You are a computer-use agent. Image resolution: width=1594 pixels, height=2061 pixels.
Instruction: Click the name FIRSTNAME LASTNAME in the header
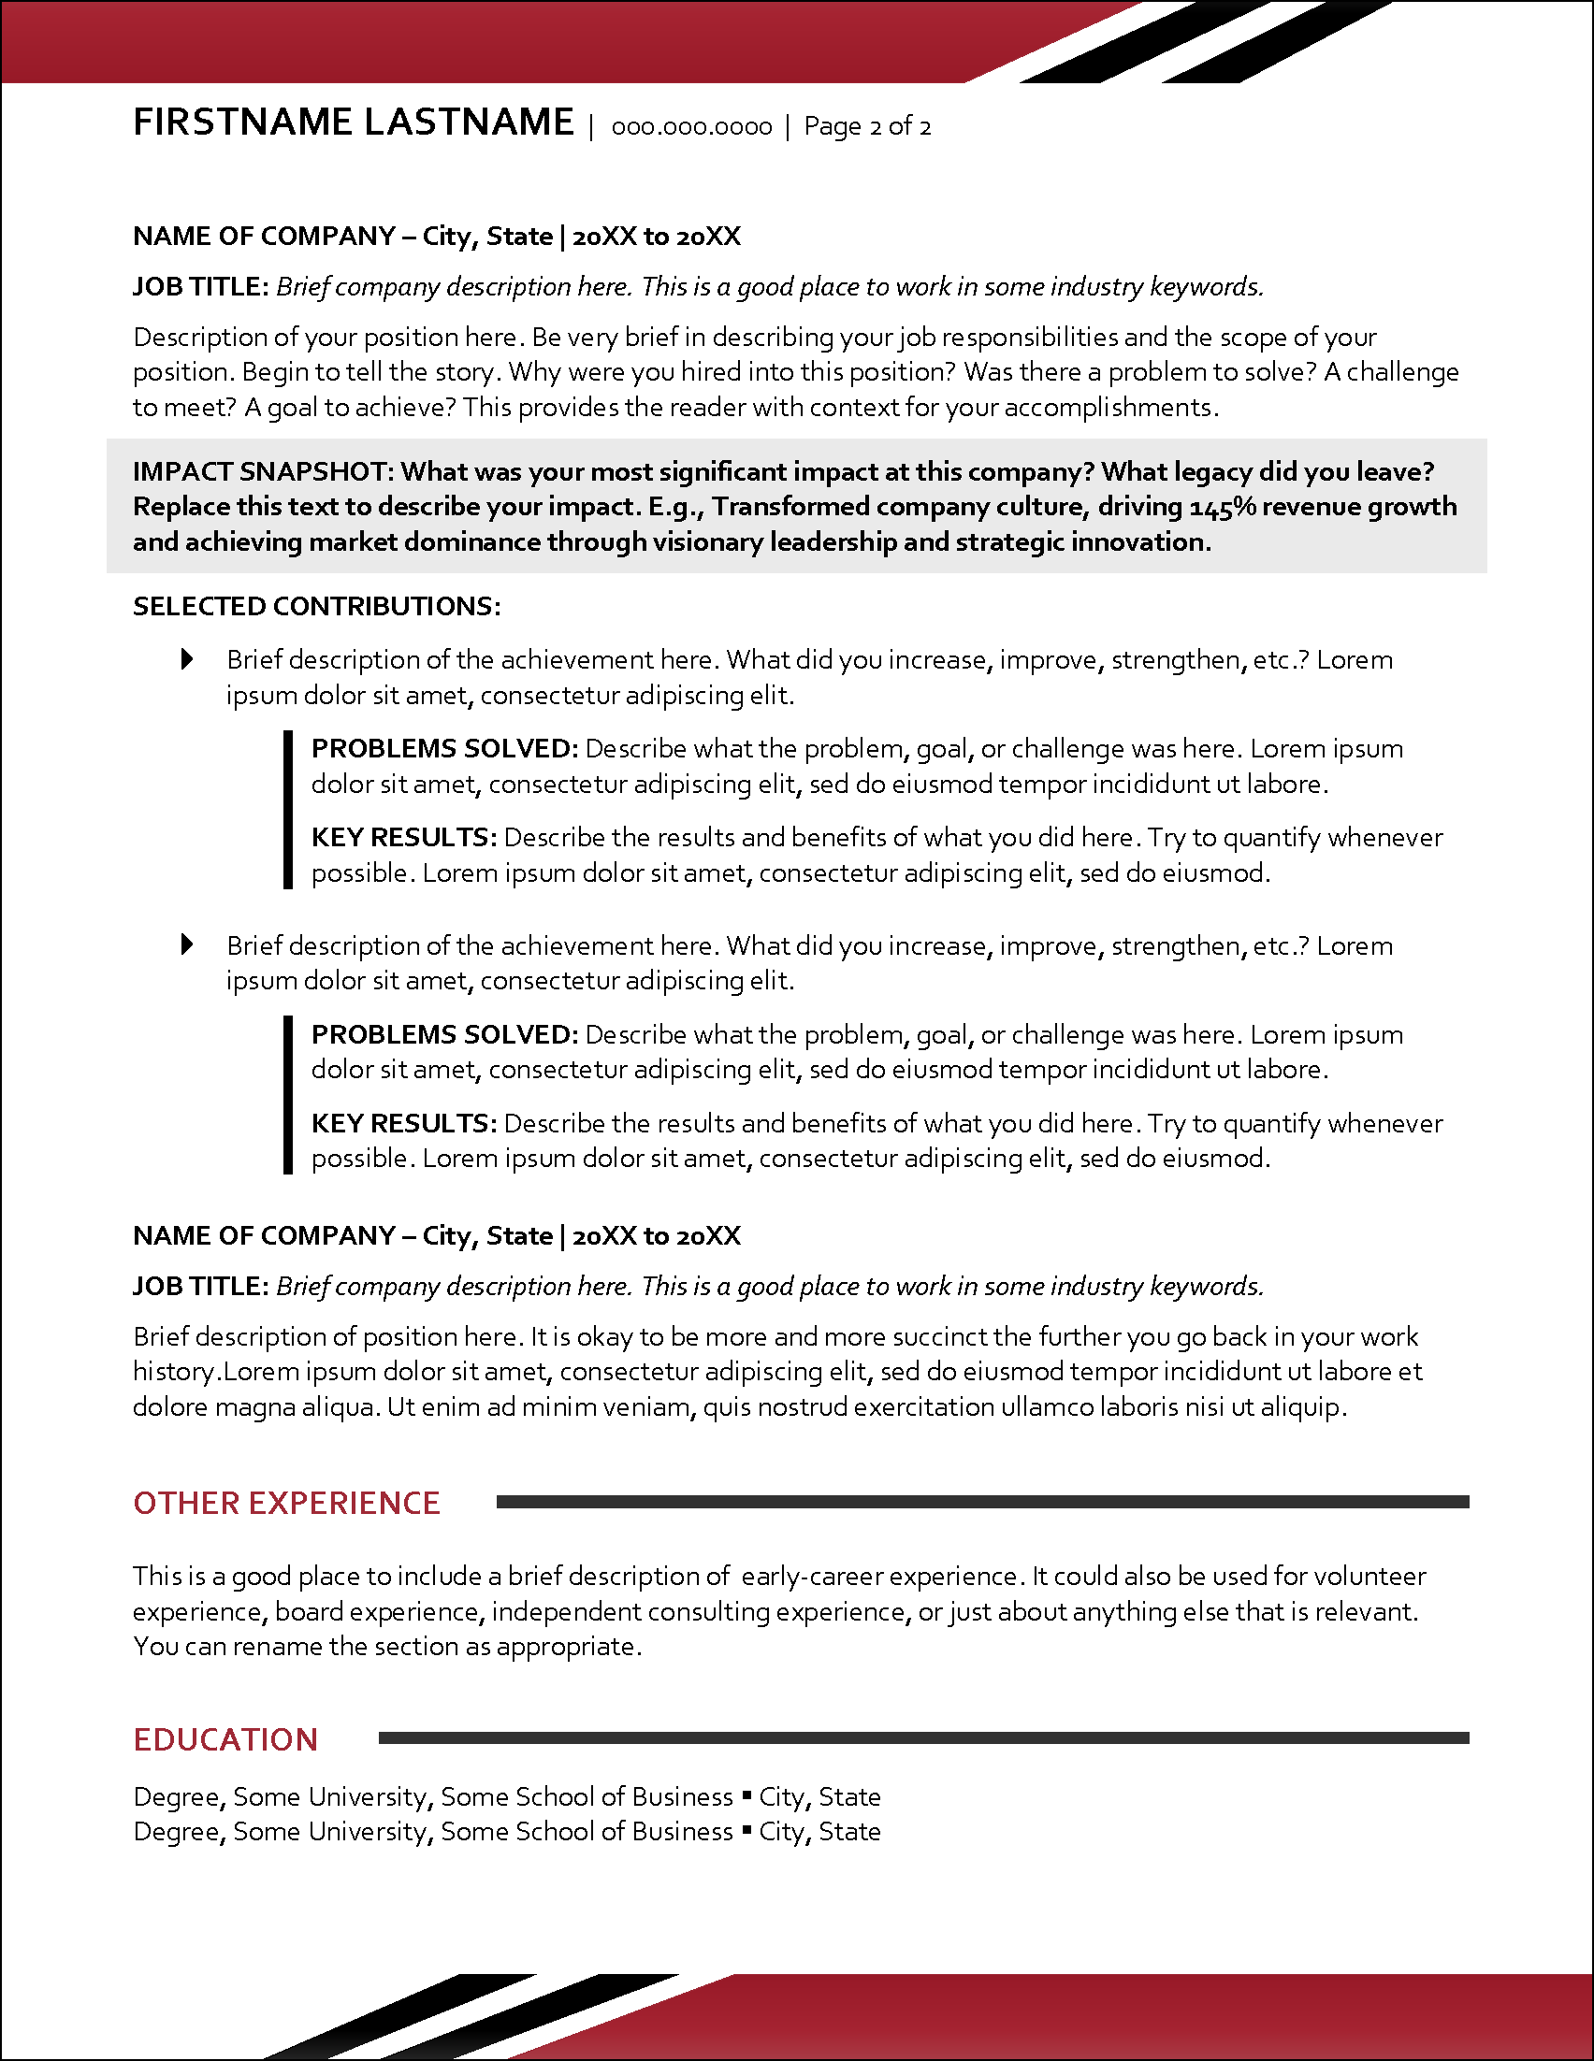353,123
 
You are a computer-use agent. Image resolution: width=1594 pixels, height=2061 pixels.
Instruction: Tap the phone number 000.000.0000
691,127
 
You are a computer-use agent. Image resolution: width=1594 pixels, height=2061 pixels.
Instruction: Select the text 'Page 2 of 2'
866,126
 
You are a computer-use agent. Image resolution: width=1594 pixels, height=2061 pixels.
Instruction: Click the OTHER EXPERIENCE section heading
287,1504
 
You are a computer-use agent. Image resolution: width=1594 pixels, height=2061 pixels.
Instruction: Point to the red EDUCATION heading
225,1739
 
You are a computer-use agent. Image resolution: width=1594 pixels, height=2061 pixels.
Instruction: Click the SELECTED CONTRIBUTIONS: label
316,606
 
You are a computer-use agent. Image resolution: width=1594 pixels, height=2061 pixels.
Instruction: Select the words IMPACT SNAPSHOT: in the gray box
263,471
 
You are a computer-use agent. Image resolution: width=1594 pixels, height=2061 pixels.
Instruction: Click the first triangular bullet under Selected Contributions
187,658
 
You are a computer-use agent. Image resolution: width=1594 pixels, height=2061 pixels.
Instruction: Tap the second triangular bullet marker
187,944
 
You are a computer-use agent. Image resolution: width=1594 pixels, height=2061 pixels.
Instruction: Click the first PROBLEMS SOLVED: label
443,748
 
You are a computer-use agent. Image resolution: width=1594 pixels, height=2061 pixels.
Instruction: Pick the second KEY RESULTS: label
403,1123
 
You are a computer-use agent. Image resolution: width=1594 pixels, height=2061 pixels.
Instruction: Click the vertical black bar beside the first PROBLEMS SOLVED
288,810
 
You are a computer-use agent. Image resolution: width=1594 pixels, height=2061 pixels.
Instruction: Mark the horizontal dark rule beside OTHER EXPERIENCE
981,1502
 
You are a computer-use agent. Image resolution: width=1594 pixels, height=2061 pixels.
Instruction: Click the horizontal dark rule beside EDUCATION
923,1737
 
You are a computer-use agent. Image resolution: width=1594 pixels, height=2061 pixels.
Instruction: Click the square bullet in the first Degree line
746,1794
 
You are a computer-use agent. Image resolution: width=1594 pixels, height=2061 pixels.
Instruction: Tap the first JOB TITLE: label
201,286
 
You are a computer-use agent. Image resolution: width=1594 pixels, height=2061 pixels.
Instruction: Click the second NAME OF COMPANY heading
436,1235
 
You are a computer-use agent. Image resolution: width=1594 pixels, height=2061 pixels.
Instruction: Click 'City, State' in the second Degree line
819,1832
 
